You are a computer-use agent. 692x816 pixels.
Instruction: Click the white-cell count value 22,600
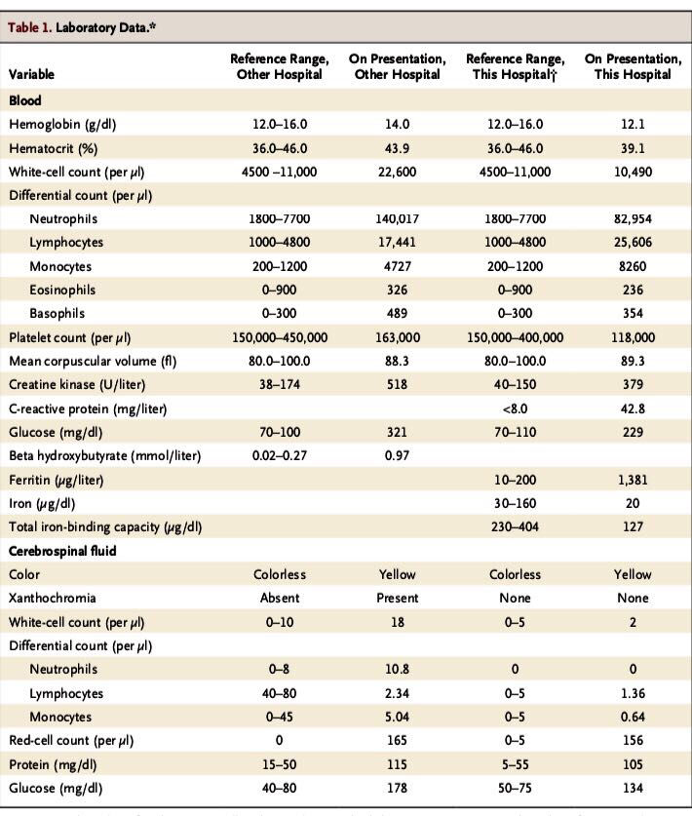[397, 172]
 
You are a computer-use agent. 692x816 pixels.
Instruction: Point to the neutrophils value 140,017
[397, 218]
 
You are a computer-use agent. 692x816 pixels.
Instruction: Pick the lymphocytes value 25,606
[633, 242]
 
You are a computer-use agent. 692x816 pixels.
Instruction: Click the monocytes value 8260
[633, 266]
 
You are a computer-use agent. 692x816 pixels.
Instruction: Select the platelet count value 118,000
[633, 337]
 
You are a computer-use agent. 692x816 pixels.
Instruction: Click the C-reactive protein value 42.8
[633, 408]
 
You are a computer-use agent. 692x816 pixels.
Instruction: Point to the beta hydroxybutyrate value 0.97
[397, 455]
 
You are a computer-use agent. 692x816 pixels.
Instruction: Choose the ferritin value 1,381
[633, 480]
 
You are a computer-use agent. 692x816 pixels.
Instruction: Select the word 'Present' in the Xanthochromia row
[397, 598]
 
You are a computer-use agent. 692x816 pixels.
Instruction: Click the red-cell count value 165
[397, 740]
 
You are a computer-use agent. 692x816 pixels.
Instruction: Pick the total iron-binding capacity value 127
[633, 526]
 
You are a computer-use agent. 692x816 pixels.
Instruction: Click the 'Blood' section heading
[25, 100]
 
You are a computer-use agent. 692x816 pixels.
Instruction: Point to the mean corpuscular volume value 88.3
[397, 361]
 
